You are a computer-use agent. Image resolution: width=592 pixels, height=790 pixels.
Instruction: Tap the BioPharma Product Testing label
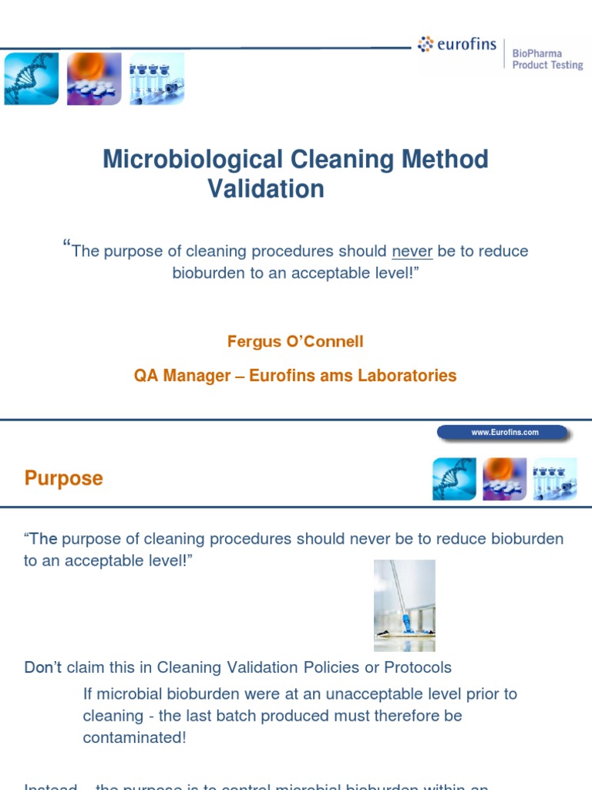coord(548,59)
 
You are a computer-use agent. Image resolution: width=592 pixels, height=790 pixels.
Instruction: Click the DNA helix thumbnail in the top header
coord(31,79)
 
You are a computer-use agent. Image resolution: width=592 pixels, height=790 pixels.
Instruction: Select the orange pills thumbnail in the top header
coord(93,79)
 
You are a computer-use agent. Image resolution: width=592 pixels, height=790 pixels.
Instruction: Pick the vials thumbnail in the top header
coord(156,79)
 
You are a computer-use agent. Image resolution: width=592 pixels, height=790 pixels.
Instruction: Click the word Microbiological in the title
coord(193,160)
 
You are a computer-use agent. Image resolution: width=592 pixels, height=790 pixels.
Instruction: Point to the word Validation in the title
coord(266,189)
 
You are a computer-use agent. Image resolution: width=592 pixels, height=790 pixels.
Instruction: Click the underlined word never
coord(412,252)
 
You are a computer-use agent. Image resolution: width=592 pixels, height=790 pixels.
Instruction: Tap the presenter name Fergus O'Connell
coord(295,341)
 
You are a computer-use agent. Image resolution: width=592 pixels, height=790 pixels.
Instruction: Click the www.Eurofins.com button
coord(505,433)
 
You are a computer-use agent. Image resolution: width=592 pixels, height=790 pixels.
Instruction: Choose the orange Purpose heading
coord(63,478)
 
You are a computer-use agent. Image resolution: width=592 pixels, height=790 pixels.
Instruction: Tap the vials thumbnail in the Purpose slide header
coord(555,479)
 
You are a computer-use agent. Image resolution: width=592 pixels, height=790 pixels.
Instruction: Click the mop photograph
coord(405,606)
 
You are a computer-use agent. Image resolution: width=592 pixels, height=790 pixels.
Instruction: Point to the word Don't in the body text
coord(42,667)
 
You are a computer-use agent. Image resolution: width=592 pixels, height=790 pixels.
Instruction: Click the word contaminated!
coord(134,738)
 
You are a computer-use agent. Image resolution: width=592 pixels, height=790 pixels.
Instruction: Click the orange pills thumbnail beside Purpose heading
coord(504,479)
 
